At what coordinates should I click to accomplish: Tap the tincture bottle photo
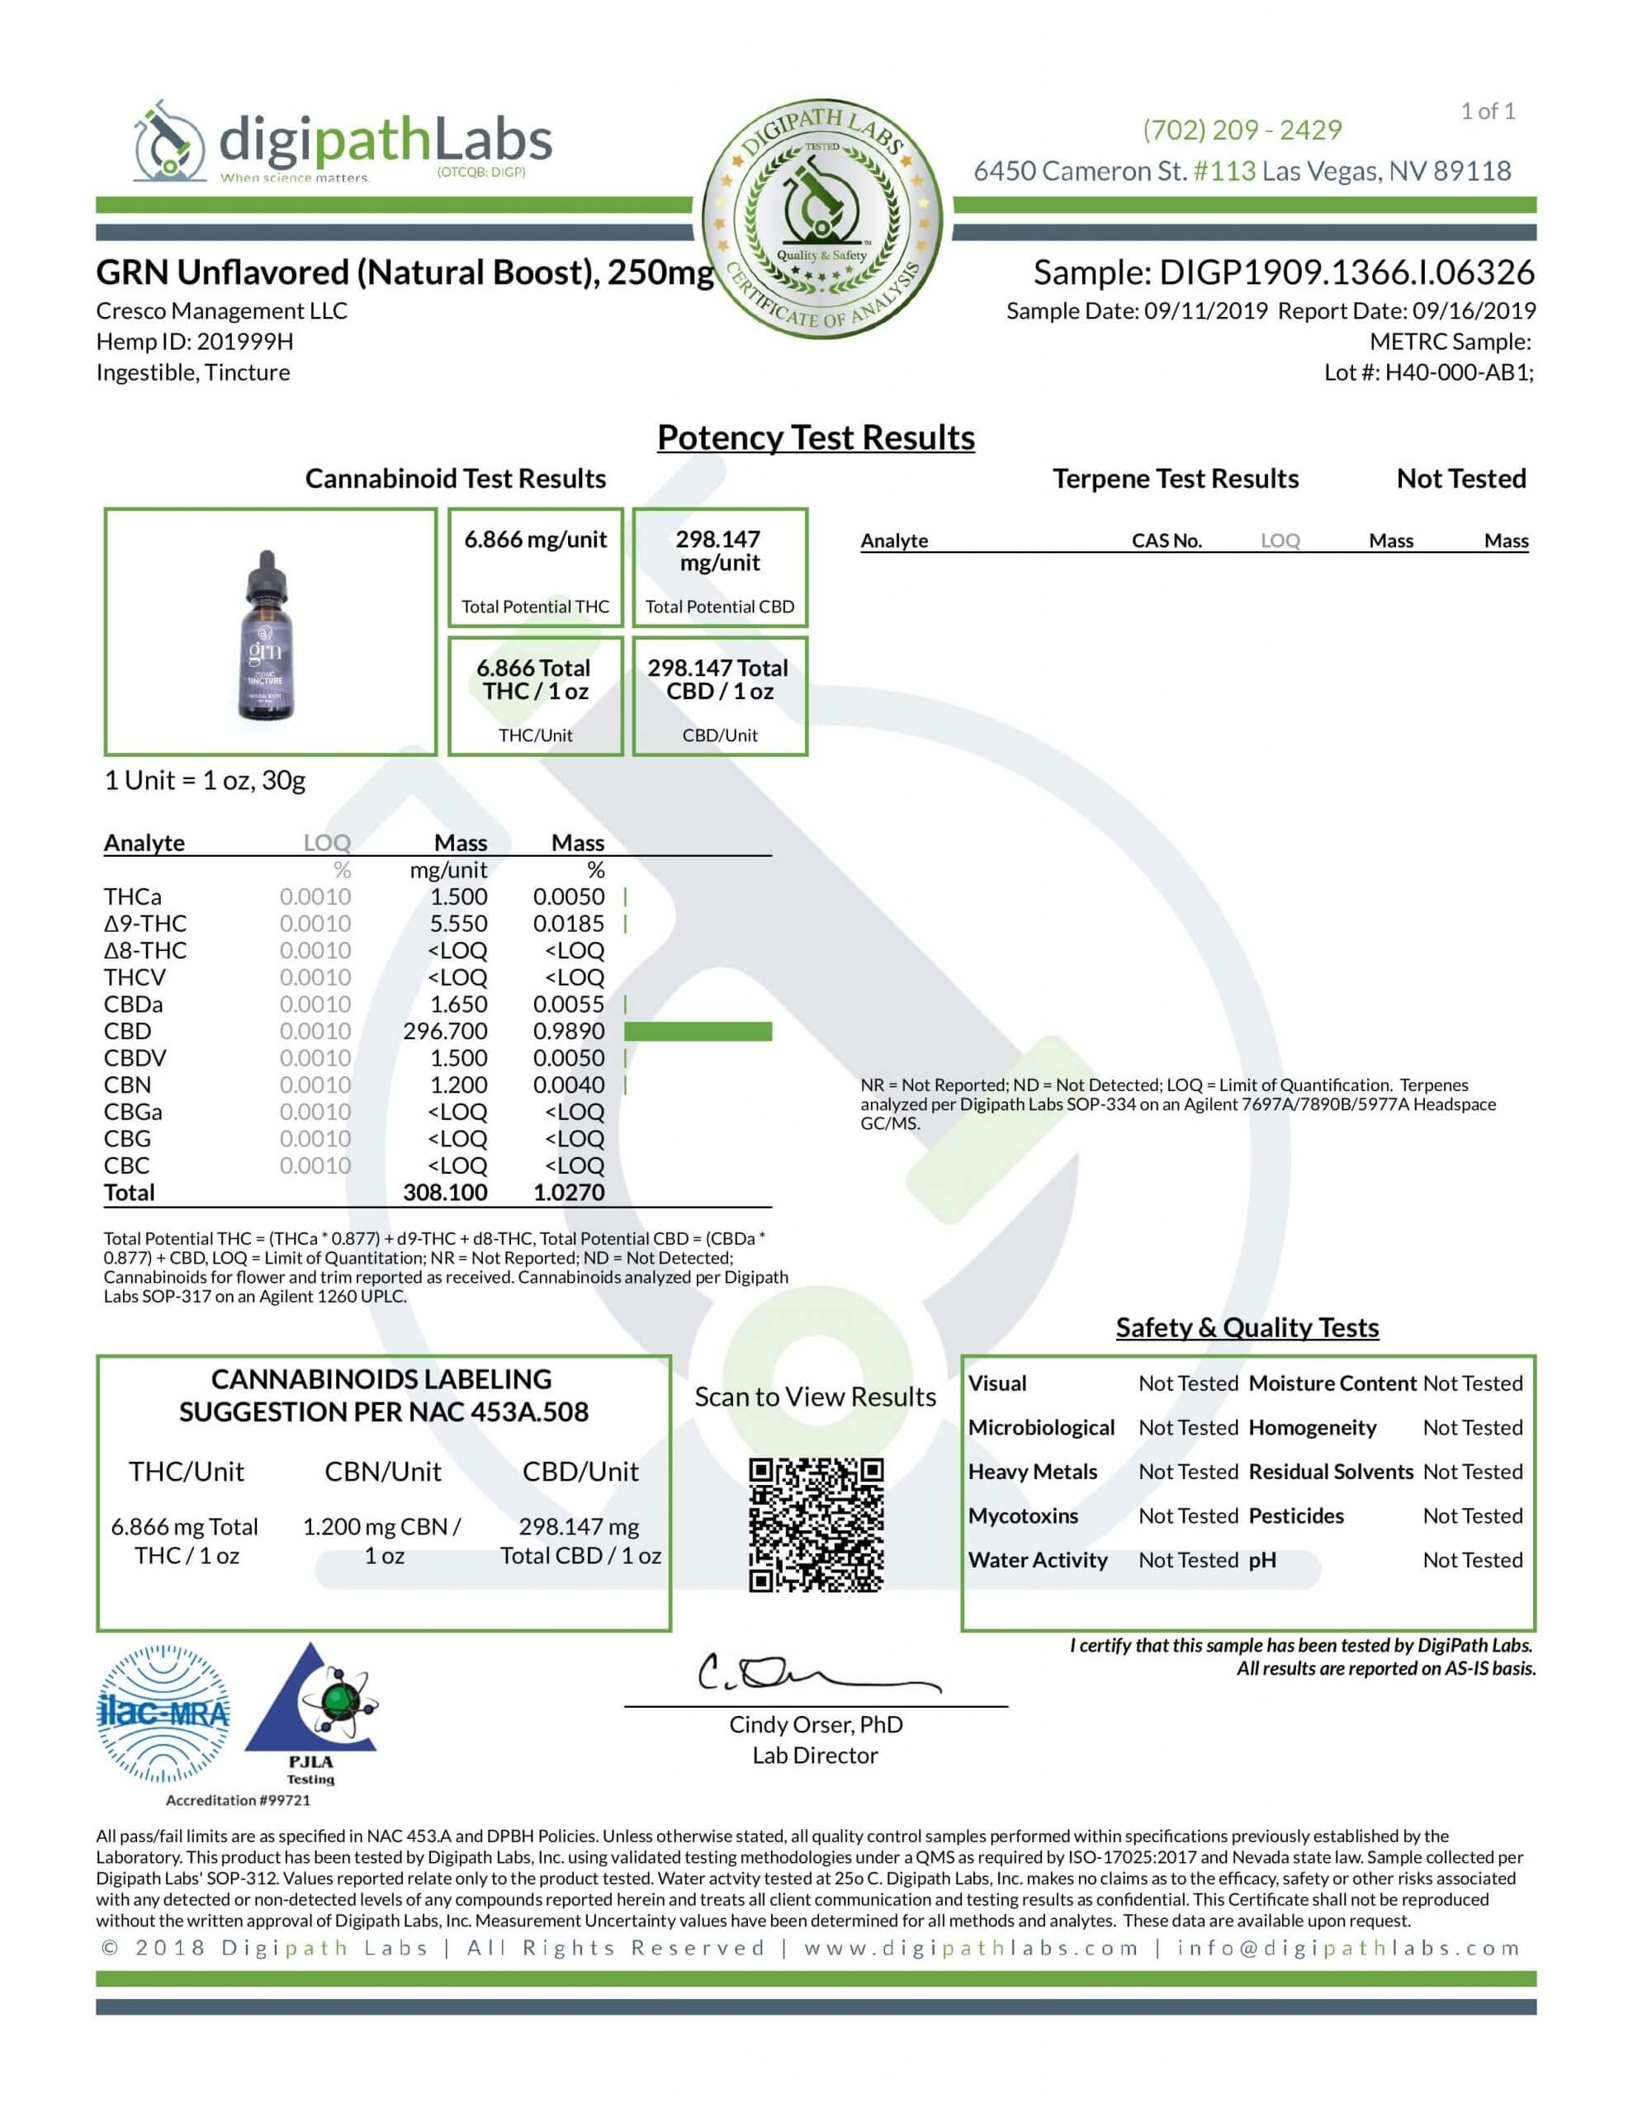266,635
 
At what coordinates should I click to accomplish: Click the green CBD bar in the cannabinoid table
698,1032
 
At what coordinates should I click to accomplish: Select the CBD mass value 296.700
445,1032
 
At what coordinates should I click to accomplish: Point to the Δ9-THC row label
145,924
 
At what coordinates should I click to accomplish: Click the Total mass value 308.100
445,1192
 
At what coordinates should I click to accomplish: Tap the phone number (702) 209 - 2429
1242,130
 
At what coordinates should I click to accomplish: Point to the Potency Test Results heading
815,437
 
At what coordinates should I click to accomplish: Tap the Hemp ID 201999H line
195,342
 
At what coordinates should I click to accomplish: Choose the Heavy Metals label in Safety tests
1032,1472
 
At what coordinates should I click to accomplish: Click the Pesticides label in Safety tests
1295,1516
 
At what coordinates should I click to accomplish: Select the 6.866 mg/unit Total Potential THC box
535,568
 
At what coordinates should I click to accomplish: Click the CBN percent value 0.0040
568,1085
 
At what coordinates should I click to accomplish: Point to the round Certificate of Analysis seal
821,223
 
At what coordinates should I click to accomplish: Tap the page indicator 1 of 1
1487,111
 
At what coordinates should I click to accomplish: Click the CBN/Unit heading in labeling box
382,1472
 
